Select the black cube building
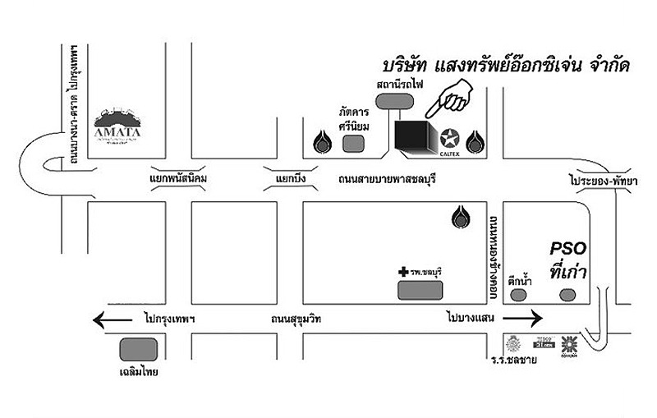412,137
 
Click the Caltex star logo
449,138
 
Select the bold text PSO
567,249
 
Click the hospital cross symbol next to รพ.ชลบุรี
403,270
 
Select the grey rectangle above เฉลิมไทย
136,348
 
